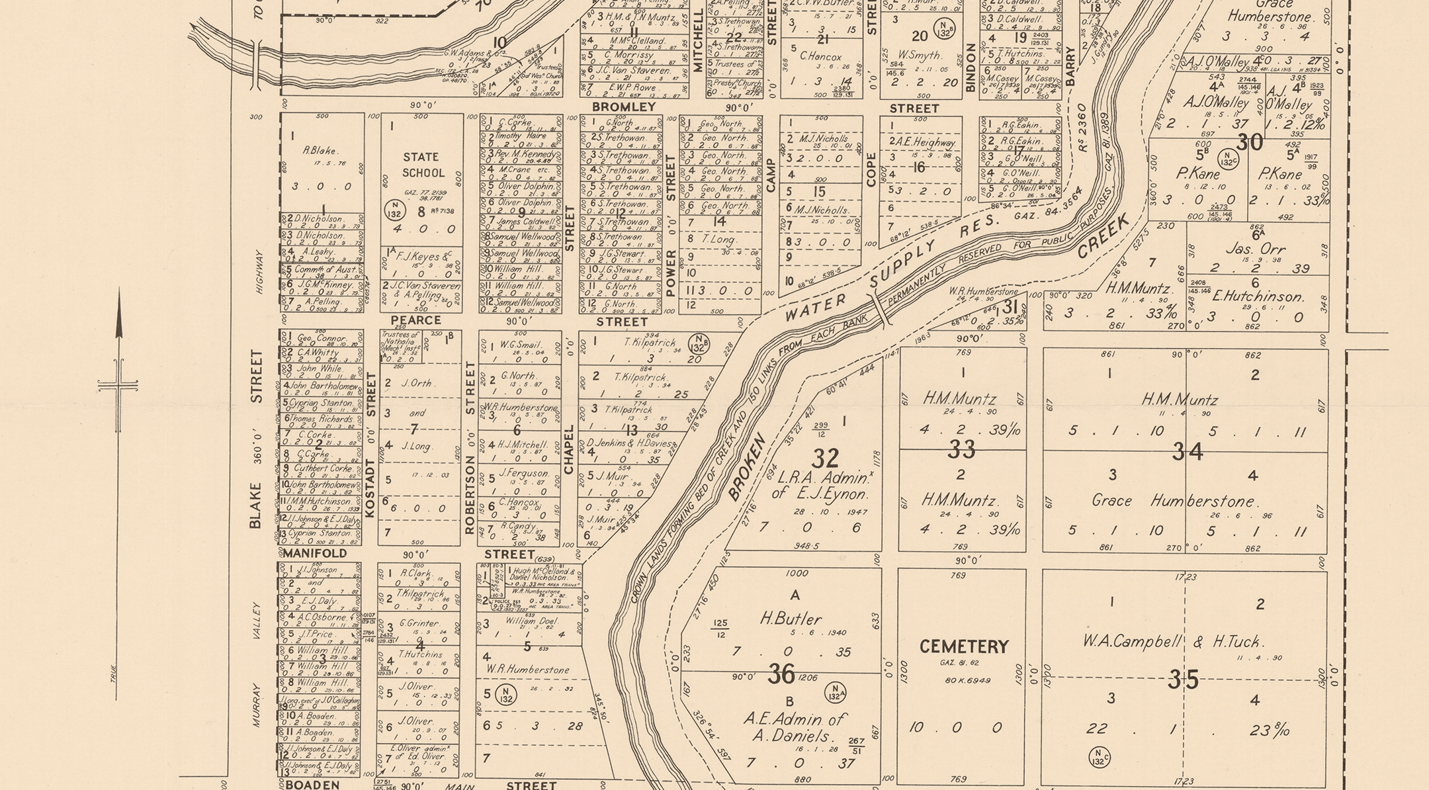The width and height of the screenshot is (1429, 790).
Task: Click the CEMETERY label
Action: click(964, 646)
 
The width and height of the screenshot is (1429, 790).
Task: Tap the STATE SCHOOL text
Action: click(422, 165)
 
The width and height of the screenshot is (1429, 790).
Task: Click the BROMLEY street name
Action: click(623, 107)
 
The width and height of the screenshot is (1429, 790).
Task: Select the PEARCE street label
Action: click(415, 320)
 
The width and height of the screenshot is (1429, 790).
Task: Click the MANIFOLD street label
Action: click(315, 553)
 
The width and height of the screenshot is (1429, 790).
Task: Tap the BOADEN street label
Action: click(312, 785)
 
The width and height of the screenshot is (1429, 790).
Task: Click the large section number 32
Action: click(825, 458)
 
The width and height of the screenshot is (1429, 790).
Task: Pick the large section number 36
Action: click(781, 674)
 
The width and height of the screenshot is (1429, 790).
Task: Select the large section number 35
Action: click(1183, 680)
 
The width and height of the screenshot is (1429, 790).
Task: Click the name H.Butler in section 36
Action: click(791, 619)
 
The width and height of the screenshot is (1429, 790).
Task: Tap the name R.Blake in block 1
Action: click(320, 151)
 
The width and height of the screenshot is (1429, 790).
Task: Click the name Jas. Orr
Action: click(1254, 249)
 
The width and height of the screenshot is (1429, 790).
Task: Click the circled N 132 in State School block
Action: click(394, 210)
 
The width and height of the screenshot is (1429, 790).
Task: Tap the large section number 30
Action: click(1250, 142)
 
